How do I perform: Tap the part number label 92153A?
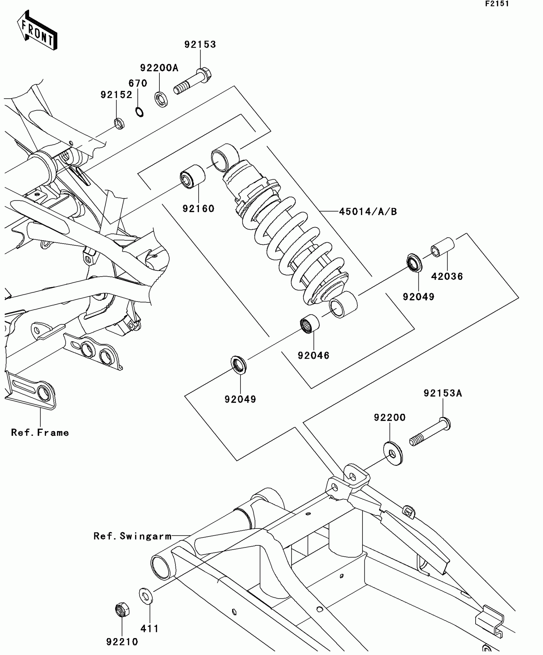click(x=443, y=393)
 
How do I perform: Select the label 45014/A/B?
click(x=368, y=212)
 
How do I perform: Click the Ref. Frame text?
click(x=40, y=433)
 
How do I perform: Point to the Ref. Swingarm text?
click(x=133, y=536)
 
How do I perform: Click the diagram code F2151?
click(x=497, y=4)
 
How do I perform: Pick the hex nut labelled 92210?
click(x=122, y=610)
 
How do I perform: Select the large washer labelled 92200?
click(x=393, y=453)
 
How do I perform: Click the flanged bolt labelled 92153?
click(x=193, y=81)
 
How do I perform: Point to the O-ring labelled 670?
click(x=139, y=112)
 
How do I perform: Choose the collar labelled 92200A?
click(x=162, y=99)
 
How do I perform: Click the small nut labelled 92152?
click(x=119, y=123)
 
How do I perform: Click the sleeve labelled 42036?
click(x=443, y=247)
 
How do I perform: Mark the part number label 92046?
click(x=313, y=355)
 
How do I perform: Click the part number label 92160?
click(x=198, y=209)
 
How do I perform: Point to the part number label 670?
click(x=138, y=83)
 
